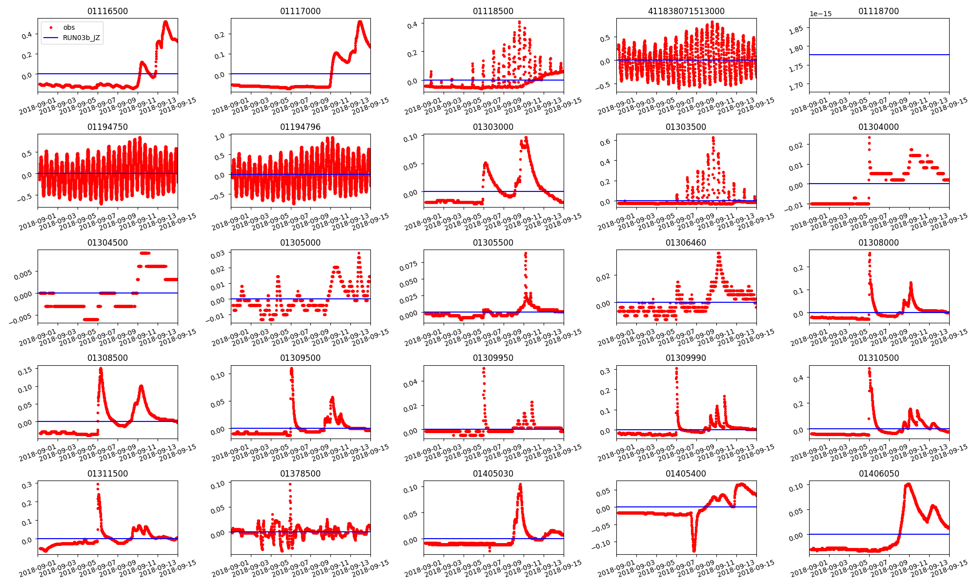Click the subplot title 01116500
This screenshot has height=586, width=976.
click(x=107, y=11)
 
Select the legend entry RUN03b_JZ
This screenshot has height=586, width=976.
click(x=81, y=38)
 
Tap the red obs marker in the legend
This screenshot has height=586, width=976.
click(x=51, y=28)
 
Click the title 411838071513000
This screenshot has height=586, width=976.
click(x=686, y=11)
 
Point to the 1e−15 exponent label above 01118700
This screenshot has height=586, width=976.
click(x=820, y=14)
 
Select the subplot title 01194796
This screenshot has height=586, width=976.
click(x=300, y=127)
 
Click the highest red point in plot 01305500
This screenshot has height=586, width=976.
click(x=526, y=253)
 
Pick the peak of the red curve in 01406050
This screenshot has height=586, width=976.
click(x=908, y=484)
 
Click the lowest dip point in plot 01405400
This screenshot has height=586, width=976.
click(x=694, y=550)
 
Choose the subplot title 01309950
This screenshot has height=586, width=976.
click(x=493, y=358)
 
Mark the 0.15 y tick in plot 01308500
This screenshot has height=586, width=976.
click(x=25, y=371)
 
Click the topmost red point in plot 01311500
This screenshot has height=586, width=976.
click(x=98, y=484)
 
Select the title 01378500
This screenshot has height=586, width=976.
click(x=300, y=474)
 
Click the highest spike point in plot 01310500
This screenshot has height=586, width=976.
click(x=869, y=369)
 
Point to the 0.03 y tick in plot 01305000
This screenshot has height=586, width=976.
click(x=218, y=254)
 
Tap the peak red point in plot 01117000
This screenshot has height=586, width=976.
click(x=360, y=21)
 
